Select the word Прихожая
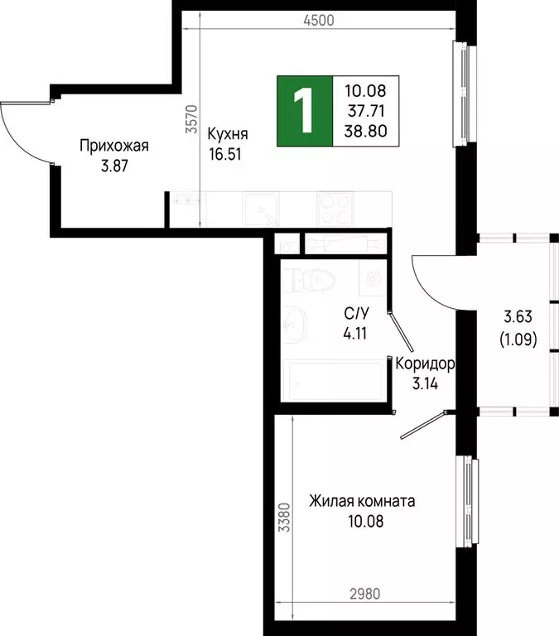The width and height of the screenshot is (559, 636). point(113,147)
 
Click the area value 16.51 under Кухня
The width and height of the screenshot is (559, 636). point(224,152)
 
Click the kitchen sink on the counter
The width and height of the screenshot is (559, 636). point(263,208)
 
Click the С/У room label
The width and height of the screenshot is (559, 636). point(356,314)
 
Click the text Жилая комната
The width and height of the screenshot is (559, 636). point(362,502)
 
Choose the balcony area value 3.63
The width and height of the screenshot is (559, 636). point(518,316)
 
